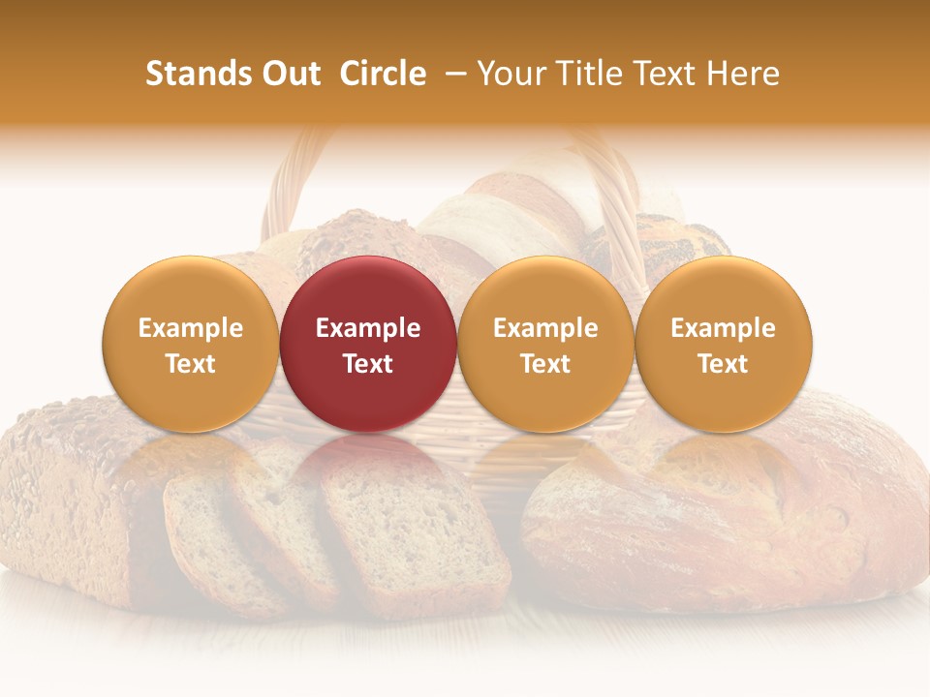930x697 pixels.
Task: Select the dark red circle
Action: (368, 344)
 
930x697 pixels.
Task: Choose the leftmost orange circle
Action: (190, 344)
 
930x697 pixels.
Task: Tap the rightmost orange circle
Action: (723, 344)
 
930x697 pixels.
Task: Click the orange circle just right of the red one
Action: (545, 344)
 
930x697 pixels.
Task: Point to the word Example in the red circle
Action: (368, 328)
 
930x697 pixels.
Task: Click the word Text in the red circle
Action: (368, 364)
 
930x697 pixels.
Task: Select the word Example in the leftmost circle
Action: (190, 328)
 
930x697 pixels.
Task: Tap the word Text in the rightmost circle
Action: (723, 364)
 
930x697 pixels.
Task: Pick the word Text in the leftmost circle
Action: (190, 364)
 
